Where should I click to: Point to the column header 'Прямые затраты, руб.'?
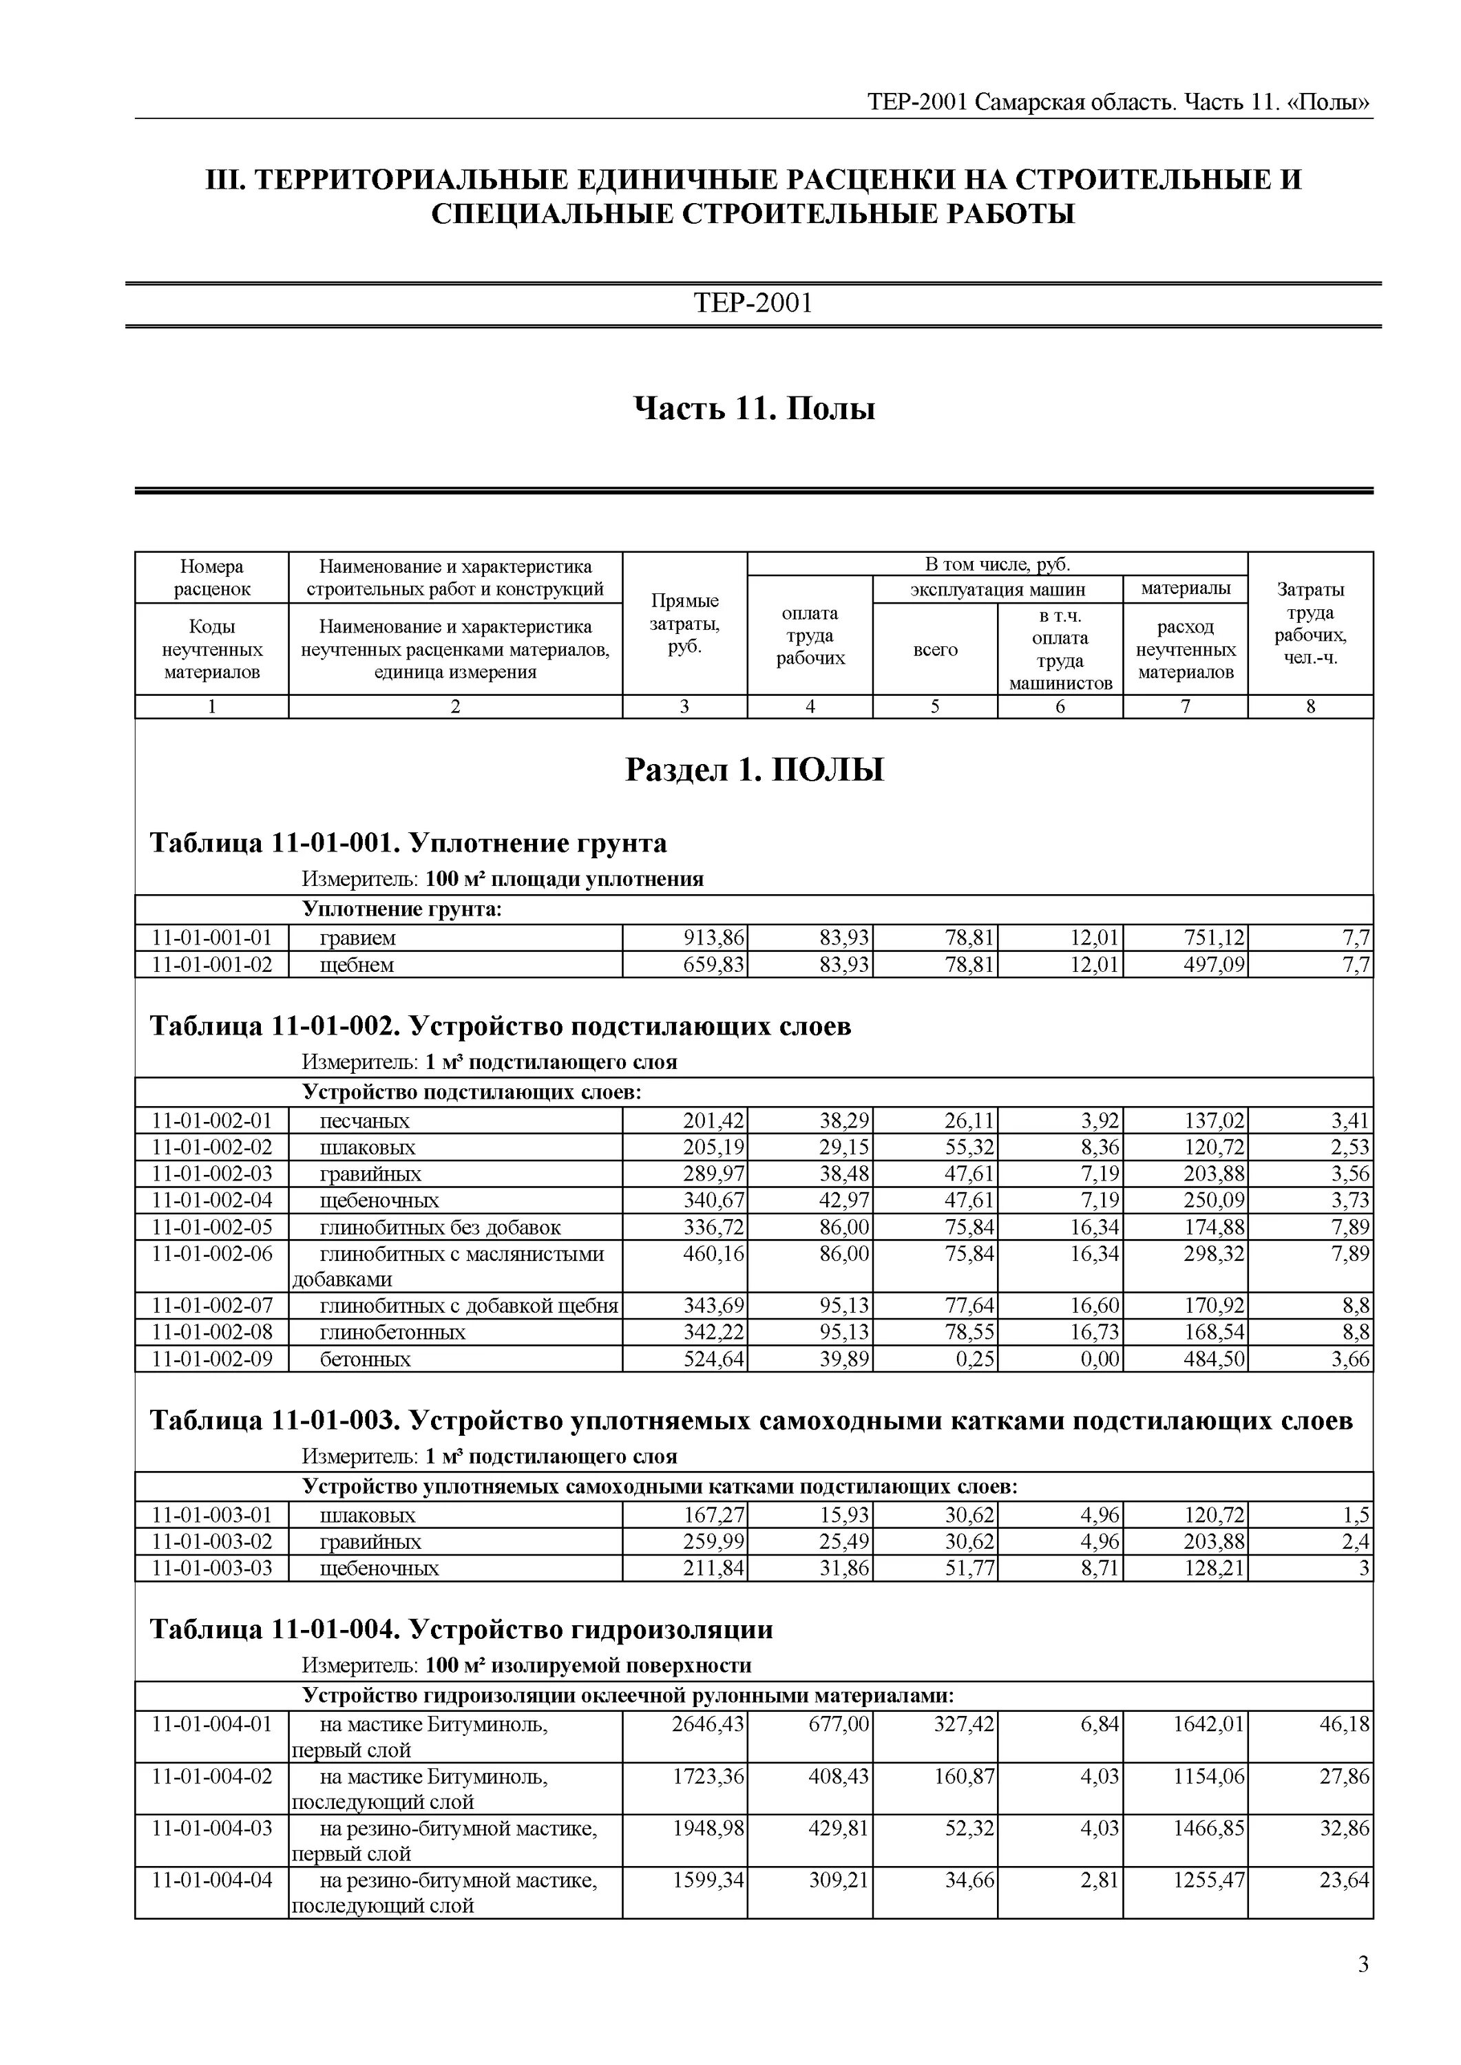684,623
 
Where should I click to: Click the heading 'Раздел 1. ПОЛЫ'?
754,770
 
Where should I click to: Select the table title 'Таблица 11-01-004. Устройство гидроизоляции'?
461,1630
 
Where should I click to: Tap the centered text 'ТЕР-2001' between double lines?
753,303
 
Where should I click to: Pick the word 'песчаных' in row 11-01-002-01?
364,1121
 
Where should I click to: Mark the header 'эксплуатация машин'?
997,590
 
